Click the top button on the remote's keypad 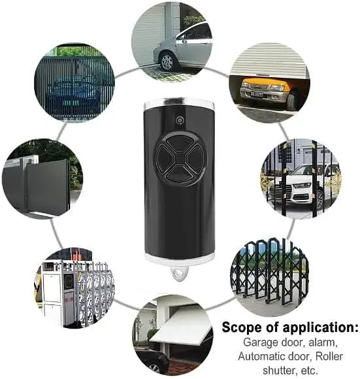[x=180, y=143]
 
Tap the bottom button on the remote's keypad [x=180, y=173]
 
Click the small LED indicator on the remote [x=179, y=120]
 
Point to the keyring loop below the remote [x=179, y=272]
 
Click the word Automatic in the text [x=263, y=357]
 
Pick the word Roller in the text [x=329, y=357]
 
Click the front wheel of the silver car [x=167, y=61]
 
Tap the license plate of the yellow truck [x=257, y=94]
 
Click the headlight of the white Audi [x=301, y=186]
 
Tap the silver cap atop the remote [x=179, y=103]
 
